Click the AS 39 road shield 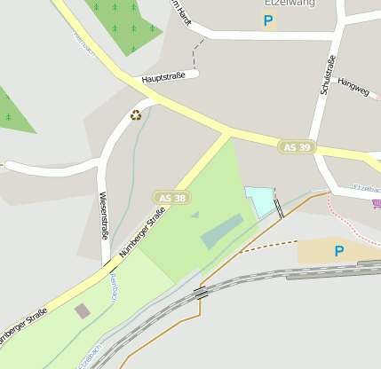coord(297,146)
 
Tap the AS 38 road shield coord(171,198)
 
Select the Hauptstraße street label coord(163,79)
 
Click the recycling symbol coord(136,114)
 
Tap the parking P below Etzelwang coord(267,20)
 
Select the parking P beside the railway coord(338,251)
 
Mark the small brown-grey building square coord(83,310)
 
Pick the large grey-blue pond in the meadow coord(222,230)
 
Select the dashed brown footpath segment coord(270,243)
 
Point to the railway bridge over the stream coord(201,292)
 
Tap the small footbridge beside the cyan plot coord(279,208)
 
